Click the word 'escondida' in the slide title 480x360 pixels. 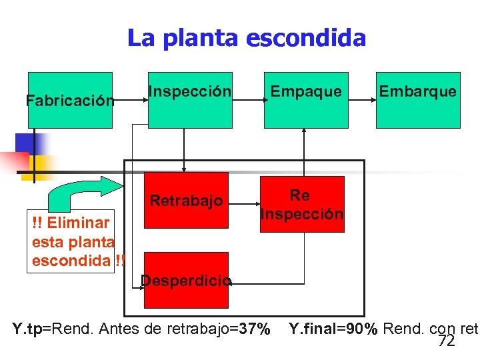(306, 38)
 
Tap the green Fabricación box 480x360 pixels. (61, 100)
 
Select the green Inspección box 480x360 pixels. (190, 100)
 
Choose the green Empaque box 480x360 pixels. (306, 100)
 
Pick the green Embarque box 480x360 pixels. (418, 100)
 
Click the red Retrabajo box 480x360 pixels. (186, 200)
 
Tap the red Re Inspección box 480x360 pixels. (302, 204)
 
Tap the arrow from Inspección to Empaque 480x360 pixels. (248, 99)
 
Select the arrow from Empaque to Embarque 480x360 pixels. (362, 99)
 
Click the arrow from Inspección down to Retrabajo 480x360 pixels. (184, 150)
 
